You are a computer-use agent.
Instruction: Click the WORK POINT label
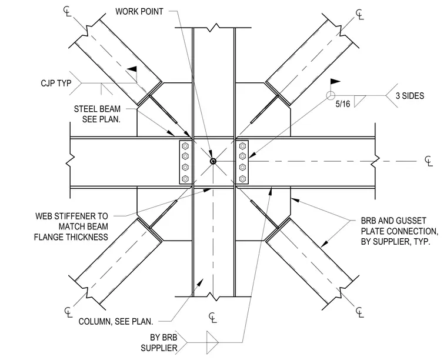(x=139, y=12)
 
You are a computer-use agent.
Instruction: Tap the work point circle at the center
(x=213, y=161)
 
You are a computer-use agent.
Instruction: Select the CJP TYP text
(x=56, y=83)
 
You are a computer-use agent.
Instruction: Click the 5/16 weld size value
(x=343, y=104)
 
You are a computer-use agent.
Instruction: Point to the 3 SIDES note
(x=410, y=96)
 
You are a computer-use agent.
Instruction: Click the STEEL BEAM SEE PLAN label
(x=97, y=114)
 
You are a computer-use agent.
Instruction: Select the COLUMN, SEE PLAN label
(x=116, y=322)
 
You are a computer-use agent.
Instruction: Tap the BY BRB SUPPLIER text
(x=159, y=342)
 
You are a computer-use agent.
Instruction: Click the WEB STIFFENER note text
(x=71, y=226)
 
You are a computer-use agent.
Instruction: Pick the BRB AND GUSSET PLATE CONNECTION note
(x=399, y=231)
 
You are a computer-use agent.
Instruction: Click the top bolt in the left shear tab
(x=185, y=146)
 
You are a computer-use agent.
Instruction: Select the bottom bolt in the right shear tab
(x=242, y=179)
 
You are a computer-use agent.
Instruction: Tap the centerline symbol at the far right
(x=429, y=161)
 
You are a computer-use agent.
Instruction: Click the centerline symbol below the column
(x=213, y=318)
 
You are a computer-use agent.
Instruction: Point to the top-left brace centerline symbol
(x=67, y=11)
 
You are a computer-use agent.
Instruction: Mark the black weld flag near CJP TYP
(x=132, y=69)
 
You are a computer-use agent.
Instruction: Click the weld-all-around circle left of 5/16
(x=331, y=95)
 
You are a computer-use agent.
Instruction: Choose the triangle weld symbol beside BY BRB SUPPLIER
(x=212, y=342)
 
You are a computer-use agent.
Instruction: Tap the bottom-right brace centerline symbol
(x=360, y=312)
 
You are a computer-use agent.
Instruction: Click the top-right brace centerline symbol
(x=360, y=14)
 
